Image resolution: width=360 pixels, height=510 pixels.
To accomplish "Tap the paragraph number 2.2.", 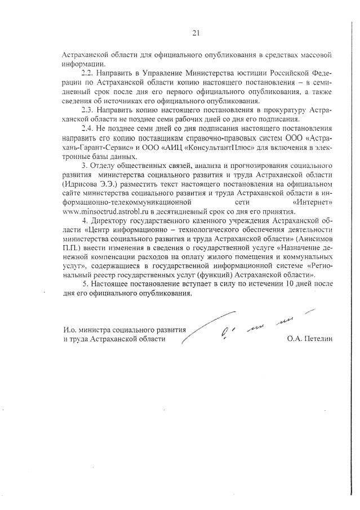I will (88, 73).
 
